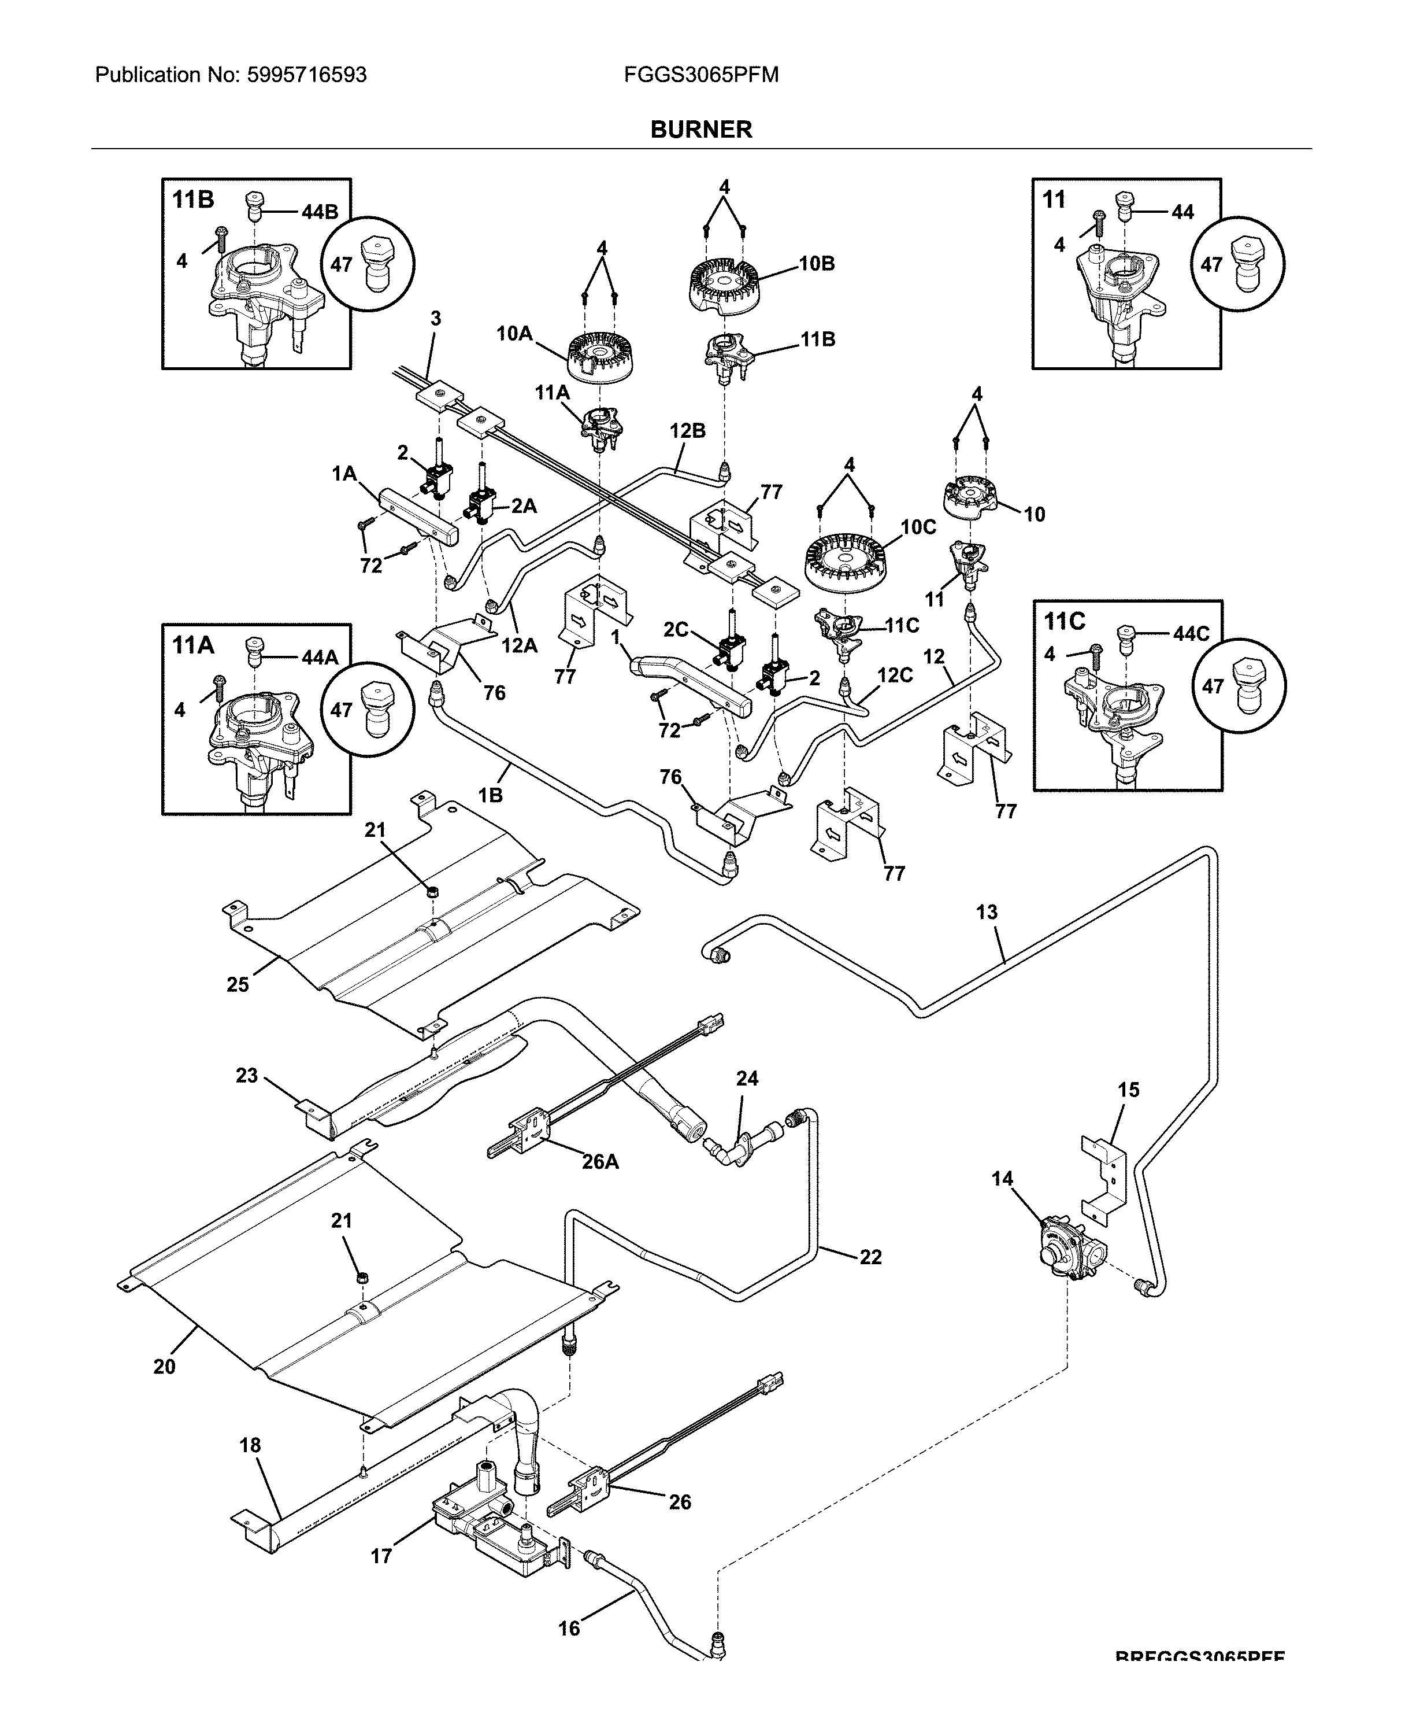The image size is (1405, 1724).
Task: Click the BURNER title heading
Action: (701, 130)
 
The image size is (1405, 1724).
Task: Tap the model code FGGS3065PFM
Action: (701, 75)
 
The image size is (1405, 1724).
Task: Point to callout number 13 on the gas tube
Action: (987, 913)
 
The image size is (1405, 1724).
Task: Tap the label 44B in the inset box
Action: (320, 212)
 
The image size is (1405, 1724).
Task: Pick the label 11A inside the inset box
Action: (192, 645)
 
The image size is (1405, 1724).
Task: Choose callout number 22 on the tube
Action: (870, 1257)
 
